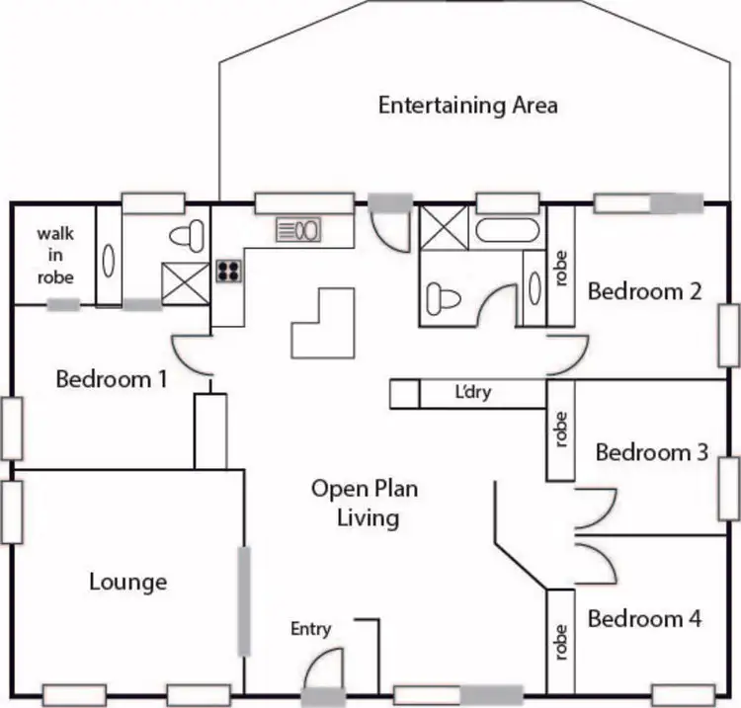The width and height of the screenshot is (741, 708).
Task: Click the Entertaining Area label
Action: click(x=467, y=105)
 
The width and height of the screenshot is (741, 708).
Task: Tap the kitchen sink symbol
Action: click(x=299, y=230)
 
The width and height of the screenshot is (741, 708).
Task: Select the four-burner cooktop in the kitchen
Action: click(x=228, y=271)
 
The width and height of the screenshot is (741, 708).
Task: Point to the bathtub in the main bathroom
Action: click(x=508, y=231)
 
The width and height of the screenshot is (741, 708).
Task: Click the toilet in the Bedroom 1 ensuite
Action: click(x=187, y=235)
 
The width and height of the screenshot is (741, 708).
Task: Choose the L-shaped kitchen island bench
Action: click(x=321, y=323)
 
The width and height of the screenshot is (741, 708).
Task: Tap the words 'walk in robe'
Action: click(x=55, y=255)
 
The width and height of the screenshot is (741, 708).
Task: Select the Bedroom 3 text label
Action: click(x=651, y=452)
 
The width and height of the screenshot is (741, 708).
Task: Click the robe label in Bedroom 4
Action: click(x=561, y=641)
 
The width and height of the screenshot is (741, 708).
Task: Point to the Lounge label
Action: click(x=127, y=582)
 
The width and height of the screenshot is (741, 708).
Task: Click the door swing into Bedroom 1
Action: click(x=193, y=355)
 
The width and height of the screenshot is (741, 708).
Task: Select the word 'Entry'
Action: click(x=311, y=629)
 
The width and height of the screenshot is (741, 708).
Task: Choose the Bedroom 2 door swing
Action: click(x=566, y=354)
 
